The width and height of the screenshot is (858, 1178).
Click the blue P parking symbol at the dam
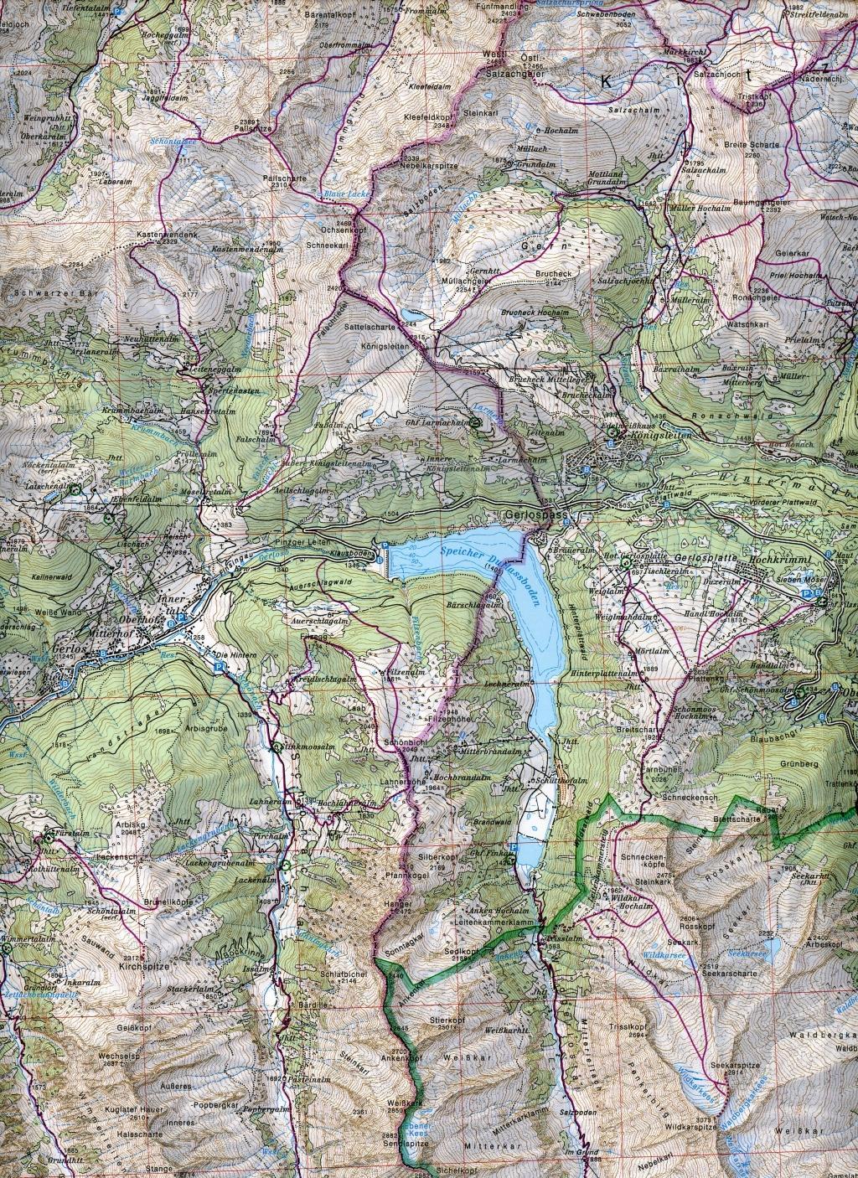[x=384, y=545]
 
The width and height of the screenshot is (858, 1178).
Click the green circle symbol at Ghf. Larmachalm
[x=476, y=424]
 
